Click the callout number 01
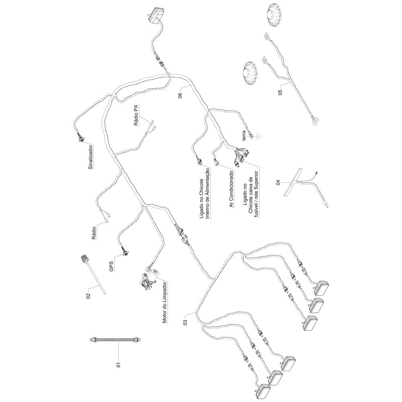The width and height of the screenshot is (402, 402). point(118,364)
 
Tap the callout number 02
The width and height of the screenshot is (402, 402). point(88,296)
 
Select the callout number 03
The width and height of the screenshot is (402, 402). point(186,322)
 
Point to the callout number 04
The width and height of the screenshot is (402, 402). point(278,183)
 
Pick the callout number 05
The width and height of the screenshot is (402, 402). point(280,92)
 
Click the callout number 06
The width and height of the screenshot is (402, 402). point(180,95)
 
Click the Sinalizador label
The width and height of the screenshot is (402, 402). point(90,157)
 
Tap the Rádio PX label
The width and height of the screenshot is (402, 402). point(136,115)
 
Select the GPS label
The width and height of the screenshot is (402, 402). point(111,267)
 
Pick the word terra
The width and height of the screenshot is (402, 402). point(244,135)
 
